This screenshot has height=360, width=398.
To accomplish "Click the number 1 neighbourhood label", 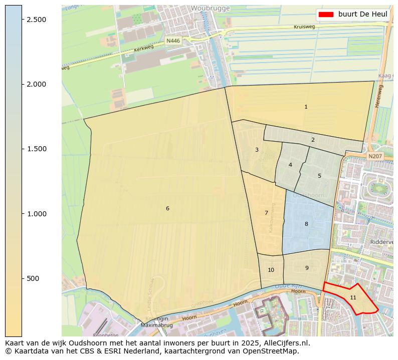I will (x=306, y=107).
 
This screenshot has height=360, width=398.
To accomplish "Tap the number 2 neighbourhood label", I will (x=313, y=140).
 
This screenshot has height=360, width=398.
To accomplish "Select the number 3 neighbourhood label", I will (x=257, y=150).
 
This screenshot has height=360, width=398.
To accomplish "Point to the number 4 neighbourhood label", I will (x=290, y=165).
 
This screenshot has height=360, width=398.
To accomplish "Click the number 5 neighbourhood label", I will (x=319, y=176).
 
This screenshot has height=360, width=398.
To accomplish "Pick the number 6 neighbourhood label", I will (x=167, y=208).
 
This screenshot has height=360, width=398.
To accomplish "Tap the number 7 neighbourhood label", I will (x=266, y=213).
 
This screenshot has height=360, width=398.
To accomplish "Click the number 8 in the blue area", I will (x=306, y=224).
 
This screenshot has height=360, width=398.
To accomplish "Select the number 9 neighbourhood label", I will (x=307, y=268).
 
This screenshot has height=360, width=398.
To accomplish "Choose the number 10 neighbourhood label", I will (x=271, y=270).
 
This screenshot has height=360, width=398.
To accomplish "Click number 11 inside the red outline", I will (x=353, y=297).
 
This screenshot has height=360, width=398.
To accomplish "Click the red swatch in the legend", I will (x=325, y=14).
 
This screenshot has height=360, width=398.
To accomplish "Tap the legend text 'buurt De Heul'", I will (x=362, y=14).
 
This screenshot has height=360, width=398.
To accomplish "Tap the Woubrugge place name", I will (x=210, y=9).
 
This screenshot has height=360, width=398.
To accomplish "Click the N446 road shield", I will (x=173, y=41).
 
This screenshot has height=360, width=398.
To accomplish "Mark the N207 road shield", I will (x=374, y=156).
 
